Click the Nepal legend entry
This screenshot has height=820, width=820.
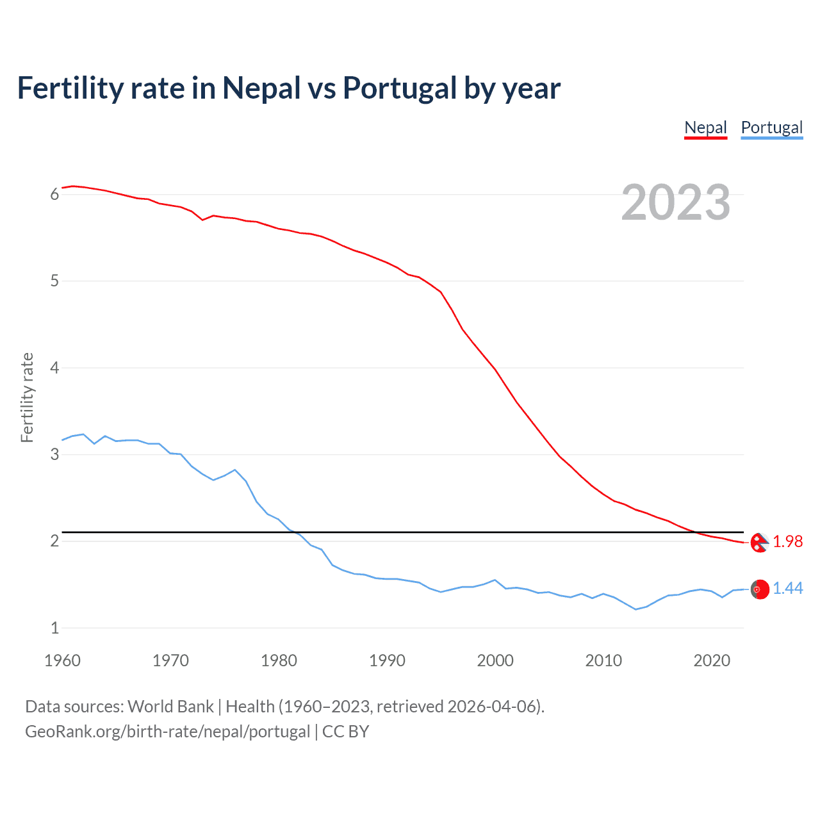point(705,127)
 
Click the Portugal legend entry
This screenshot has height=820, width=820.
point(771,127)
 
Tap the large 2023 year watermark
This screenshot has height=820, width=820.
point(675,202)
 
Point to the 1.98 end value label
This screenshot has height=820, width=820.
point(787,542)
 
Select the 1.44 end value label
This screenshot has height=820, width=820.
point(787,589)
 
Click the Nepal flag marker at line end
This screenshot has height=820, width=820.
point(760,543)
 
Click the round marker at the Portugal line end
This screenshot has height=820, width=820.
point(760,589)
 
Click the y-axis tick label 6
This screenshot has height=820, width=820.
point(54,195)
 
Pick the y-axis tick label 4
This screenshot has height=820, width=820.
point(54,368)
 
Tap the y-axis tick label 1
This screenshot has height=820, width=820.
point(54,628)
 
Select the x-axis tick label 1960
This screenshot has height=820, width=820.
point(62,660)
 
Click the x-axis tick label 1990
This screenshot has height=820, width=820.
point(387,660)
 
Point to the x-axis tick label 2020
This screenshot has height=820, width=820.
point(712,660)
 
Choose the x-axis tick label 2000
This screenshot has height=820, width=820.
point(495,660)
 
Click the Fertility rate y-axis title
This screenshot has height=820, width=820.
point(27,397)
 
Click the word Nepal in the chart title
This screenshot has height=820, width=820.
point(261,88)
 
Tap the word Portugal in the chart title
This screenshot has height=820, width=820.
point(399,88)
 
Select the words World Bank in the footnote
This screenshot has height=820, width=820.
point(170,707)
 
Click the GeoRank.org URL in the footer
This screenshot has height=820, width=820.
point(167,732)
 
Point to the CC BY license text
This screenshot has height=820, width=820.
point(346,732)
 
